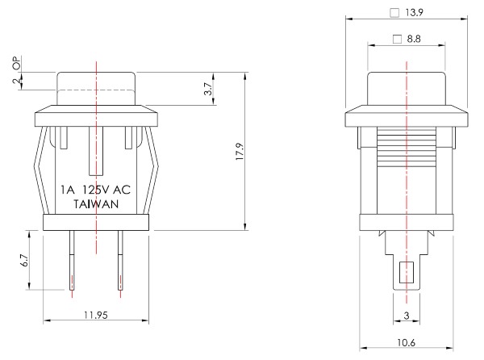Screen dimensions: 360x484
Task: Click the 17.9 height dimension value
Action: pos(239,152)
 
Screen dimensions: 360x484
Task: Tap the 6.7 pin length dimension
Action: pos(24,260)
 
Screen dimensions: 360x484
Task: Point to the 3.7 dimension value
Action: pos(208,89)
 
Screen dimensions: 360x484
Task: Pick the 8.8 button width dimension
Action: pos(412,39)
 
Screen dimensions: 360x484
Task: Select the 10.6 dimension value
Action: pos(407,343)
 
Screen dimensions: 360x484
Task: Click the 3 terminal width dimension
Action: pos(407,314)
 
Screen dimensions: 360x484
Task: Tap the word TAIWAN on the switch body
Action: pos(98,205)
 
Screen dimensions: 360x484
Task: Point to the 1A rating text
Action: pos(69,190)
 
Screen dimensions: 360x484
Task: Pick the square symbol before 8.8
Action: pos(397,40)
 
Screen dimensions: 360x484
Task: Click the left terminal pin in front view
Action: pos(73,260)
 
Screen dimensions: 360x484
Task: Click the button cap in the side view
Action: pos(407,88)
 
